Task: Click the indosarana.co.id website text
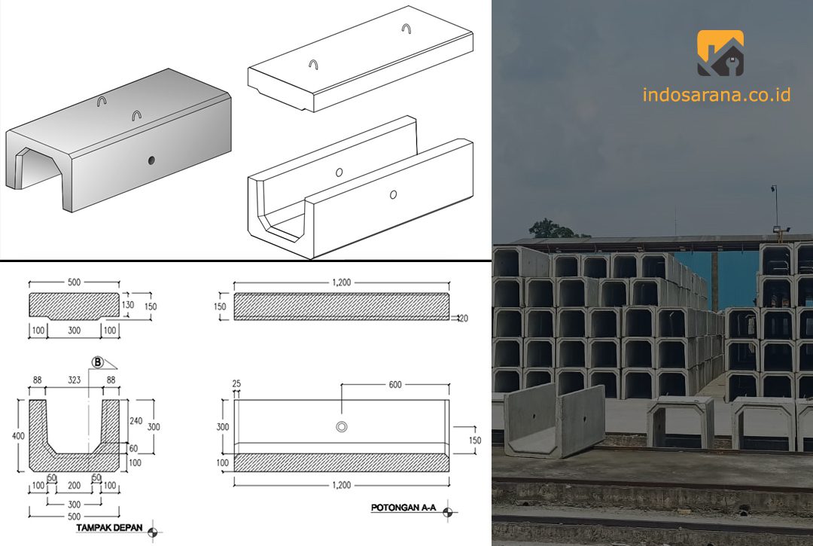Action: pyautogui.click(x=717, y=94)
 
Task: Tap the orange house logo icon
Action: pyautogui.click(x=720, y=53)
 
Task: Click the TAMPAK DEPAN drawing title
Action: pyautogui.click(x=109, y=528)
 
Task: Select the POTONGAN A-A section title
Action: pyautogui.click(x=403, y=508)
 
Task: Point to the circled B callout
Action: pyautogui.click(x=97, y=362)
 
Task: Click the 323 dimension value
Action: pyautogui.click(x=74, y=380)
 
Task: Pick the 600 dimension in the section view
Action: pyautogui.click(x=395, y=385)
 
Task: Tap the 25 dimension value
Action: pyautogui.click(x=236, y=384)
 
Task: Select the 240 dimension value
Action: pyautogui.click(x=135, y=421)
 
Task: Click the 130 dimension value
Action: pyautogui.click(x=127, y=305)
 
